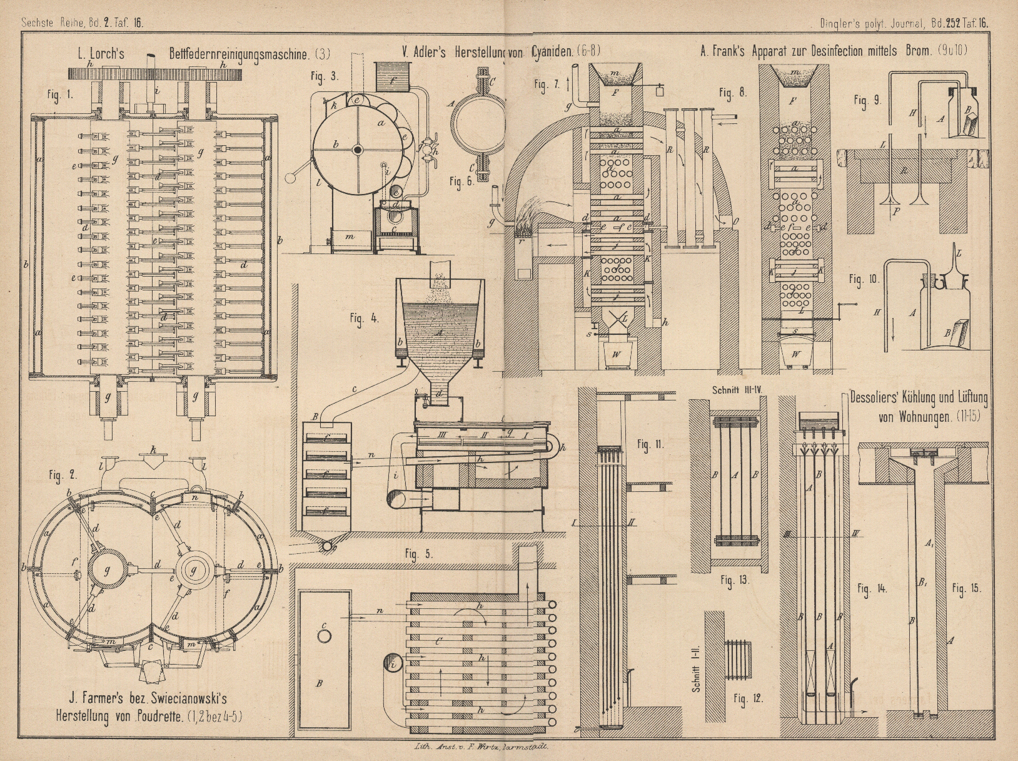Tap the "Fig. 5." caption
[418, 553]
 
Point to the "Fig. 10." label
[864, 279]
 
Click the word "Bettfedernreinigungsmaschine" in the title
[239, 54]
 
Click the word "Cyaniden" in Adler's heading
[553, 53]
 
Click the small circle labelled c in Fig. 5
[325, 635]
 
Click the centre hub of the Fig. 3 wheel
[357, 150]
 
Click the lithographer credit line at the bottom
[481, 747]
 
